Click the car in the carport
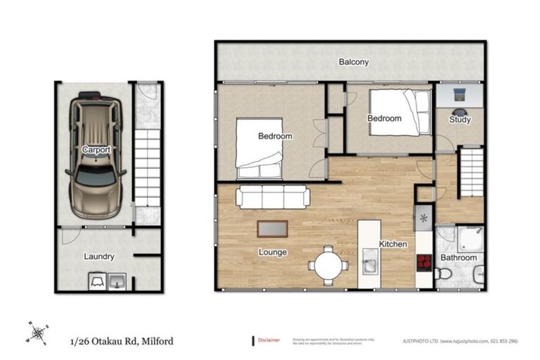[95, 148]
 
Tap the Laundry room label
[98, 257]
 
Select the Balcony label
[354, 62]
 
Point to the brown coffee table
[272, 229]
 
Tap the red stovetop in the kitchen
[424, 262]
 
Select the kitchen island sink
[369, 266]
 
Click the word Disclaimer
[269, 340]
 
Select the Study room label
[459, 120]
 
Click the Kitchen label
[393, 244]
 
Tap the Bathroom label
[458, 258]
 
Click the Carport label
[95, 150]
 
